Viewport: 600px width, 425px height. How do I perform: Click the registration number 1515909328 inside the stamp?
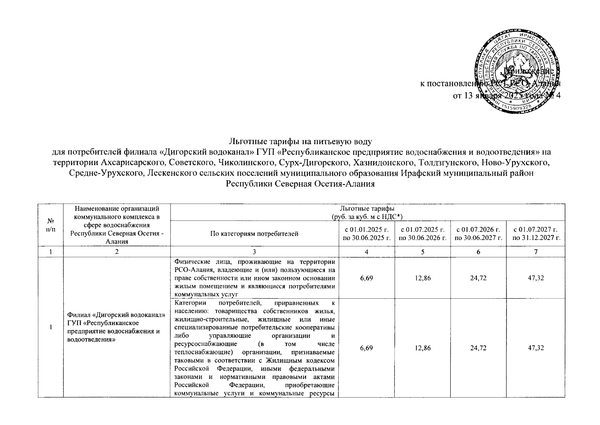click(519, 107)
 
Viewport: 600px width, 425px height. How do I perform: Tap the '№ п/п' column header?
click(51, 225)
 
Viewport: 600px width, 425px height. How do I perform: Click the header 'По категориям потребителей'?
click(254, 234)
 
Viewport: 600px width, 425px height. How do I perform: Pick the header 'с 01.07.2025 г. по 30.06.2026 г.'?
click(422, 234)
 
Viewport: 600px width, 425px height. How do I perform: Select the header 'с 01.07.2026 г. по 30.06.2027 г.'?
click(478, 234)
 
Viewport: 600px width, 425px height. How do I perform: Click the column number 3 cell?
click(254, 252)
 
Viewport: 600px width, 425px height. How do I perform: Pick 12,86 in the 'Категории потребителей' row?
click(422, 348)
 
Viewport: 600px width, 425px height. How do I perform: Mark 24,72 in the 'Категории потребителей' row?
click(478, 348)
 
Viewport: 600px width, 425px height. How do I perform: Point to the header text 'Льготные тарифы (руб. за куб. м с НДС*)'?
click(367, 212)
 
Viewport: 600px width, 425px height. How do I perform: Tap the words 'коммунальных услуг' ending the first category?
click(206, 294)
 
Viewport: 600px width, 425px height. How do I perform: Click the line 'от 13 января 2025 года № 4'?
click(507, 96)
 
